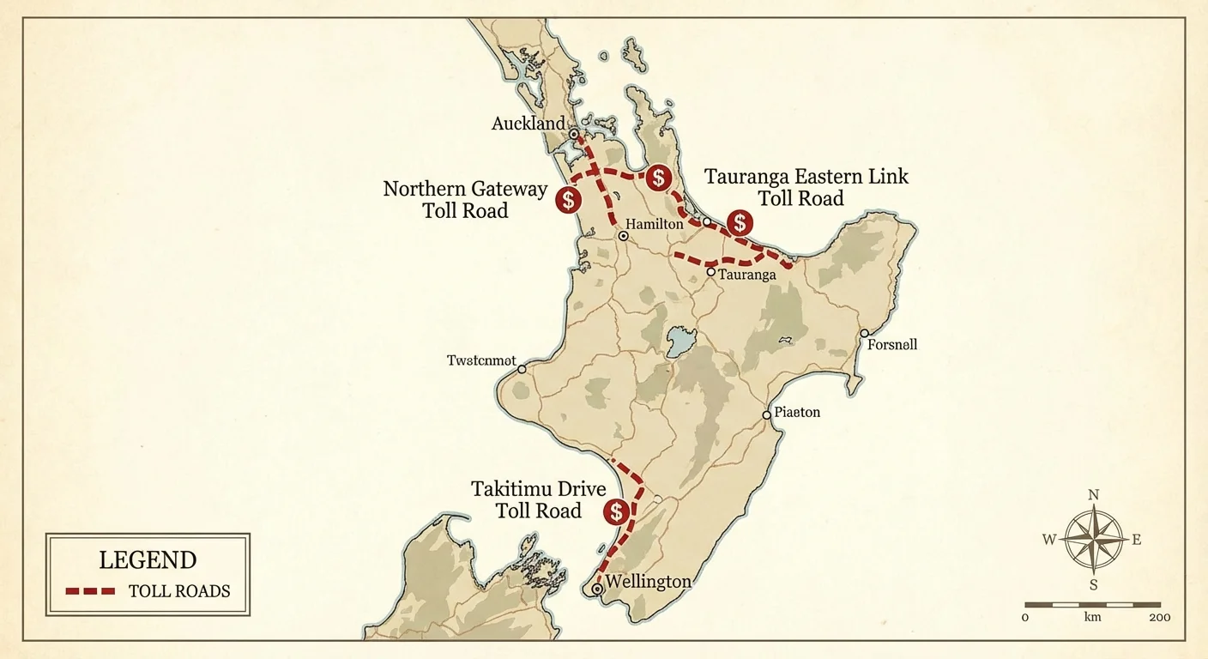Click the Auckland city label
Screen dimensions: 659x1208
coord(528,124)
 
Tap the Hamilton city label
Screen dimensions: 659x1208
coord(654,225)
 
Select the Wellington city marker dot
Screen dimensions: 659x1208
coord(597,589)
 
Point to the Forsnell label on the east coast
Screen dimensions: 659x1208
coord(892,345)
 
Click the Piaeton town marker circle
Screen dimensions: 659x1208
coord(767,415)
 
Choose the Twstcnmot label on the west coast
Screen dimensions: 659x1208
coord(481,361)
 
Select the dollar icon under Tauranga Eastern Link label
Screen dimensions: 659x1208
coord(739,223)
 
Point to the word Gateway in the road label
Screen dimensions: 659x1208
coord(506,190)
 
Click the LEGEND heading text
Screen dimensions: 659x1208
coord(148,561)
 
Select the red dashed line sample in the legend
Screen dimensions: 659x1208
coord(90,591)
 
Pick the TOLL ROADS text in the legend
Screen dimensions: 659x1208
coord(179,591)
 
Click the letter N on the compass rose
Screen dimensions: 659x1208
coord(1093,495)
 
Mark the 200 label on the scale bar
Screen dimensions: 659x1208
coord(1159,618)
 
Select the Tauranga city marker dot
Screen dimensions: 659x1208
coord(711,272)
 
